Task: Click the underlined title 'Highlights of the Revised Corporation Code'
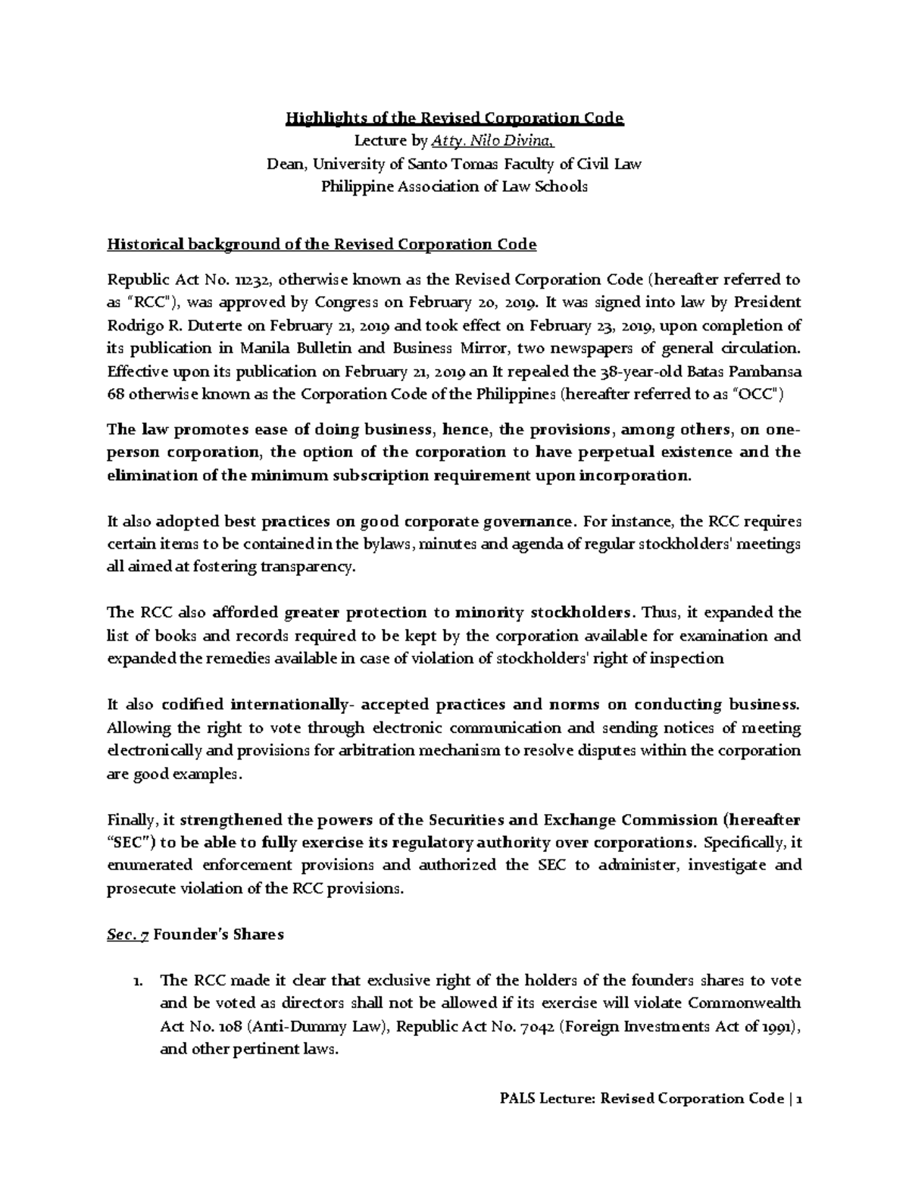click(x=454, y=118)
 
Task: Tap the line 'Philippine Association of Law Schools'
click(x=454, y=186)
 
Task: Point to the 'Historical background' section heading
click(x=321, y=244)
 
